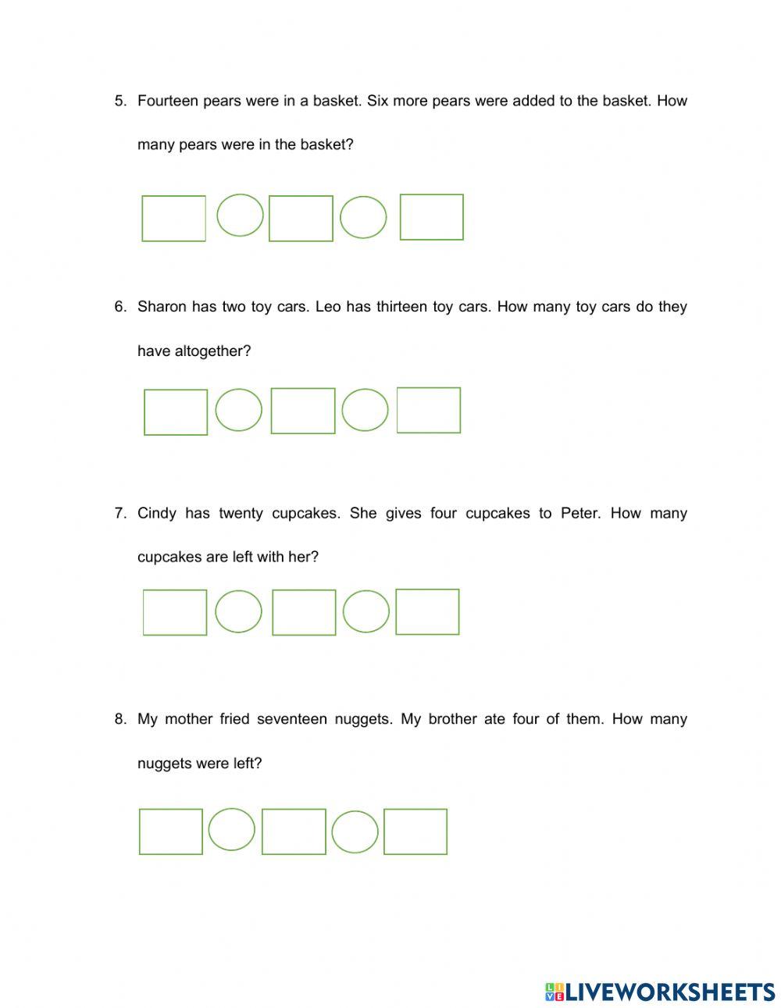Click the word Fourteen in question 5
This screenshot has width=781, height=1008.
pos(167,101)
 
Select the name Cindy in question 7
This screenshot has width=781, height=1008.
pos(156,513)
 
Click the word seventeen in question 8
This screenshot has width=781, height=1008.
pos(291,719)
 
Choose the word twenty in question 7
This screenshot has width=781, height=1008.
pos(241,513)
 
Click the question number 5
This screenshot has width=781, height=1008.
pos(119,101)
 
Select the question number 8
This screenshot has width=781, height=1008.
pos(119,719)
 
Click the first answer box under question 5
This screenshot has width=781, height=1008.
pos(173,219)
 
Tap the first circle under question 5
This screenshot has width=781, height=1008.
pos(240,215)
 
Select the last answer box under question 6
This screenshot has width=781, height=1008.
pos(429,410)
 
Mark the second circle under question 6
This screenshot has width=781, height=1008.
pos(365,410)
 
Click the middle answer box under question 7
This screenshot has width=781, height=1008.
pos(304,612)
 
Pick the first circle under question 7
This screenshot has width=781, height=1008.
pos(238,611)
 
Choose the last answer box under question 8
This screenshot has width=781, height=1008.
pos(415,832)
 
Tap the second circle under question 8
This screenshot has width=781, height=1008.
pos(355,832)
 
